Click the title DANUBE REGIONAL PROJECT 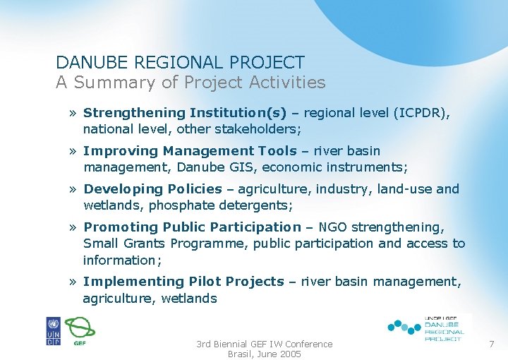click(x=180, y=63)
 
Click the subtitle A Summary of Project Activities click(x=190, y=83)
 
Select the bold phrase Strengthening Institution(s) click(x=185, y=113)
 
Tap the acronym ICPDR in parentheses click(x=421, y=113)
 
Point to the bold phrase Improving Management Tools click(x=190, y=151)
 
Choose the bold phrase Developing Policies click(x=152, y=189)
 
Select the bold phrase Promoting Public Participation click(x=192, y=227)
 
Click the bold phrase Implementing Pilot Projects click(x=183, y=282)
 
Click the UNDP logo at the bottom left click(x=53, y=331)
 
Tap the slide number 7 click(x=492, y=343)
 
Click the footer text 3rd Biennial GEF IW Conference click(x=264, y=344)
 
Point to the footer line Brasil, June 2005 click(x=264, y=354)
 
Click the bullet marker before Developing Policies click(x=73, y=189)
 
